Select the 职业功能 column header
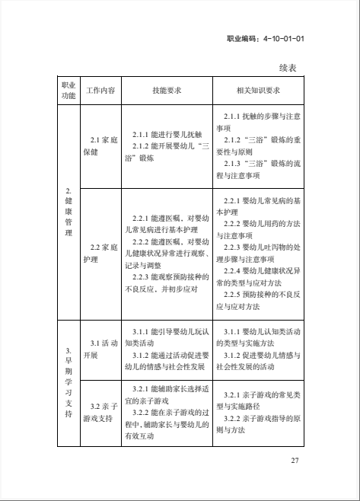click(x=68, y=90)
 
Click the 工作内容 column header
click(x=100, y=90)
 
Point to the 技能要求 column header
click(x=167, y=90)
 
